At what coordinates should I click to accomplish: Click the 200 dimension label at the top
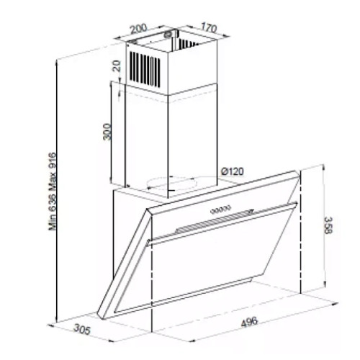tap(138, 28)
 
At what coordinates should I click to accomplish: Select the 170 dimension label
tap(209, 27)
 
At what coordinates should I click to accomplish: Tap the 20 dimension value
tap(117, 66)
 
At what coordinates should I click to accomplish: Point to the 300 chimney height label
tap(107, 132)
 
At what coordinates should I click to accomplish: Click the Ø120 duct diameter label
tap(232, 171)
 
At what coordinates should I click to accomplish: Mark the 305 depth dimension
tap(82, 329)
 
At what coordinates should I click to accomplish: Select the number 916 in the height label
tap(52, 161)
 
